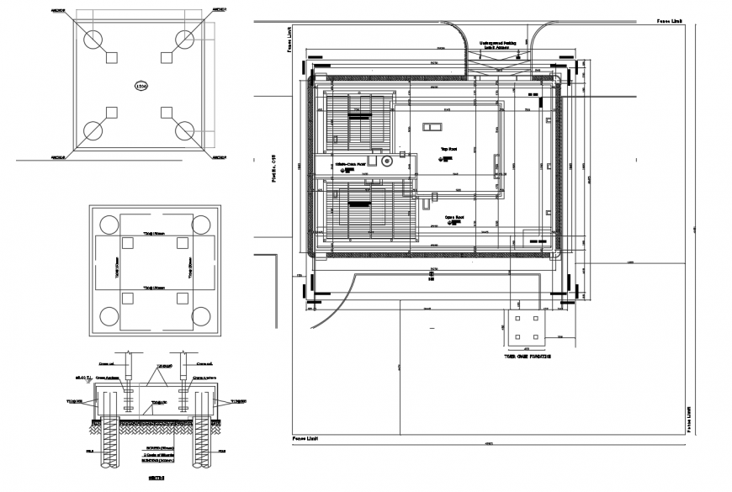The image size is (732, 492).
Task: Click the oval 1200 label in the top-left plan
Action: [141, 85]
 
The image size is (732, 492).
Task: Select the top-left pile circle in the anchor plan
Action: [93, 40]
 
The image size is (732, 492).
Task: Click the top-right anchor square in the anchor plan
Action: [166, 57]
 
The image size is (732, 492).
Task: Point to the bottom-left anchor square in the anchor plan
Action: [111, 112]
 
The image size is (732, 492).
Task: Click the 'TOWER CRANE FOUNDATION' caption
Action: [528, 357]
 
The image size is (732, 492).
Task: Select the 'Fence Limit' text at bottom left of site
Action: [305, 439]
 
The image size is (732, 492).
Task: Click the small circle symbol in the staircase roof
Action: [388, 160]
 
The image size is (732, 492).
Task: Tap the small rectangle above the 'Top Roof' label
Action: [432, 127]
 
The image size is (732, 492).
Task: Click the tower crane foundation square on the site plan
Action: [527, 329]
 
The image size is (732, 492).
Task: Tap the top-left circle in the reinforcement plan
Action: [109, 225]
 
